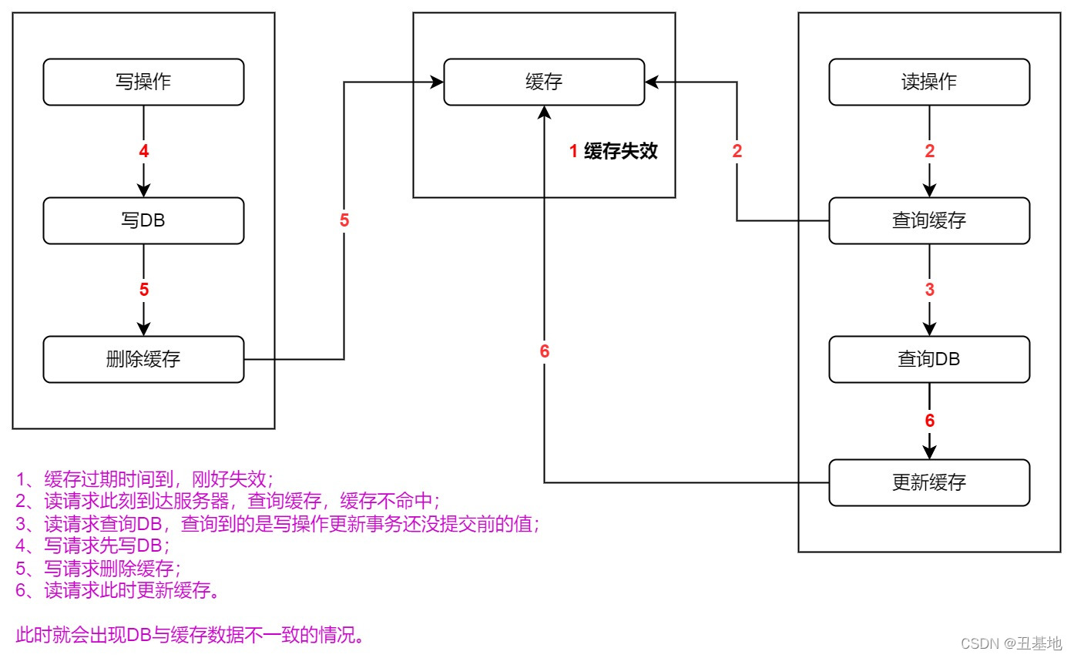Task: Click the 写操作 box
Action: click(143, 82)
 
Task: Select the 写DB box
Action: click(143, 220)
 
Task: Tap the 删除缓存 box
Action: click(143, 359)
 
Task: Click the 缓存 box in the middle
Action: click(544, 82)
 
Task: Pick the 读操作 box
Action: click(929, 82)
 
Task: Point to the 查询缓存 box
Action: click(929, 220)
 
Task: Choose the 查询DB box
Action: click(929, 359)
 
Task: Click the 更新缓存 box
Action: click(929, 482)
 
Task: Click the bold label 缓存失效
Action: click(621, 151)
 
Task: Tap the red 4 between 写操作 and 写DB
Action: click(144, 152)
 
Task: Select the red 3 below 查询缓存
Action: click(930, 290)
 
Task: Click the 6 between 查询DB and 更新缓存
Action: click(930, 421)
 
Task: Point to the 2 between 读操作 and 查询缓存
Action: click(930, 152)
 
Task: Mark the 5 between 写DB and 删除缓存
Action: click(144, 290)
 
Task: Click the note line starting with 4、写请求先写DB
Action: click(92, 546)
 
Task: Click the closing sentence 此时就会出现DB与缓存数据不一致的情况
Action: click(190, 636)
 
